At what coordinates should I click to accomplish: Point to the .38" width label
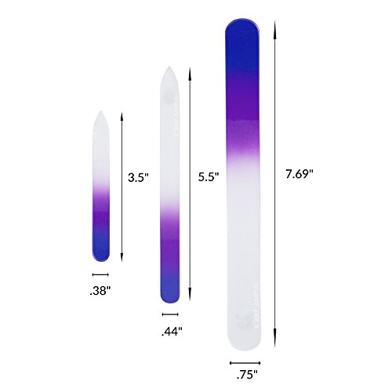tap(100, 291)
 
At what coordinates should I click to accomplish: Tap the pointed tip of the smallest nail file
tap(101, 114)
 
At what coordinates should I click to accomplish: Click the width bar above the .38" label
tap(100, 274)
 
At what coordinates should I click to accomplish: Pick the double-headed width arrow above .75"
tap(245, 362)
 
